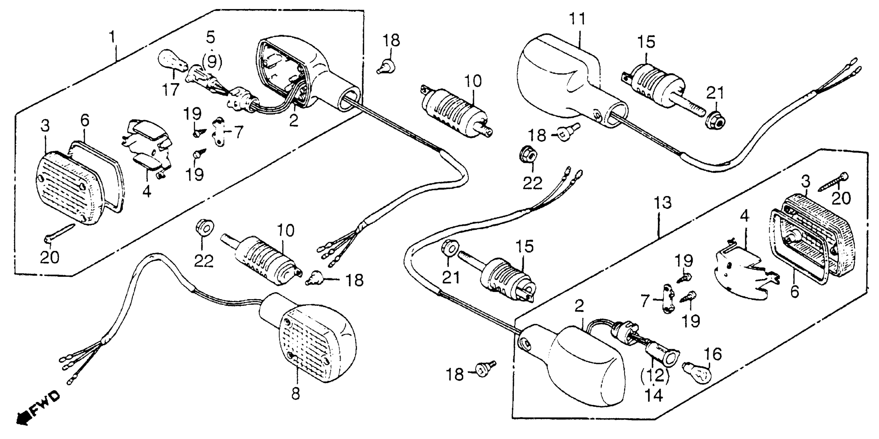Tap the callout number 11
point(577,19)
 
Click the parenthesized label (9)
point(212,62)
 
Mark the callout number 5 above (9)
point(211,37)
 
